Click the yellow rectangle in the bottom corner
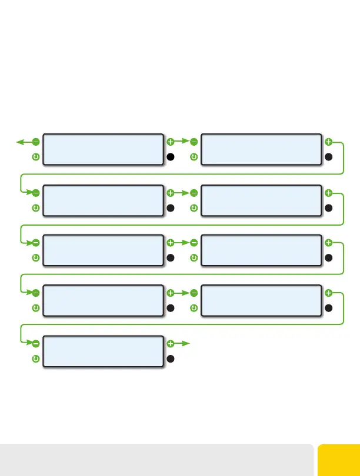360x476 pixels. (339, 460)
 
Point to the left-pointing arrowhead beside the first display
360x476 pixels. (19, 142)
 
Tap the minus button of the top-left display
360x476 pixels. (36, 142)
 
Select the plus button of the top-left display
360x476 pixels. (171, 142)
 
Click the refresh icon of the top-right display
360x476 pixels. (194, 157)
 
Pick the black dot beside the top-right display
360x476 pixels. (328, 157)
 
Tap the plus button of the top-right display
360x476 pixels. (328, 142)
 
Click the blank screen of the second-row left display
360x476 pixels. (103, 200)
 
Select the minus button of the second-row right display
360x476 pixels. (194, 193)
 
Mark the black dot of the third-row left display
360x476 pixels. (171, 258)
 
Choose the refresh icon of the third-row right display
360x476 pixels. (194, 258)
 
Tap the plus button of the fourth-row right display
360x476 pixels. (328, 293)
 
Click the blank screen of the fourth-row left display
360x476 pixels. (103, 300)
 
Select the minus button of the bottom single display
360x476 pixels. (36, 343)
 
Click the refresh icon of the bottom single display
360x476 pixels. (36, 358)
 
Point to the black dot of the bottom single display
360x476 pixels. (171, 358)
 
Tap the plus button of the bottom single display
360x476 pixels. (171, 343)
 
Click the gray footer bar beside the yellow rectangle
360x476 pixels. (156, 460)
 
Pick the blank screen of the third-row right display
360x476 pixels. (261, 250)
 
